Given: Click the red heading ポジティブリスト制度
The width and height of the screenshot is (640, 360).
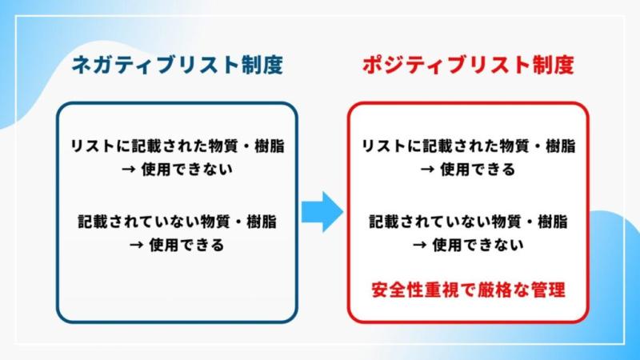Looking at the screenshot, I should tap(467, 65).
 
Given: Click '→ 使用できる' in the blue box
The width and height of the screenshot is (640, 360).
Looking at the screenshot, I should tap(177, 245).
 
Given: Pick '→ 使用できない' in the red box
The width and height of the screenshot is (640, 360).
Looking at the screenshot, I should tap(468, 245).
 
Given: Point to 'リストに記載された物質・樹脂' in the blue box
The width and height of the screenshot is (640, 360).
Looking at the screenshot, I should tap(177, 146).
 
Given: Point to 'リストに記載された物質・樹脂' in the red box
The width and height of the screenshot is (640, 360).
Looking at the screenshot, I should tap(468, 146).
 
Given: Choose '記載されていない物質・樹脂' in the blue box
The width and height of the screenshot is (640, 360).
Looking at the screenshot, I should tap(177, 222).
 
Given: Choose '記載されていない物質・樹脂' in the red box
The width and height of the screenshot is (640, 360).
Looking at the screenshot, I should tap(468, 222).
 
